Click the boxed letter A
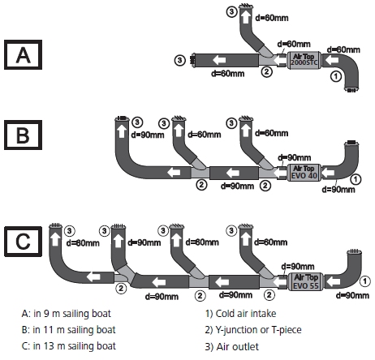pyautogui.click(x=23, y=55)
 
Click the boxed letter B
pyautogui.click(x=23, y=135)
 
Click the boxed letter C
pyautogui.click(x=23, y=242)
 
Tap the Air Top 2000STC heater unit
pyautogui.click(x=304, y=60)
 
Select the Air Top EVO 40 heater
pyautogui.click(x=304, y=172)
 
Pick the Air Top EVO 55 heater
pyautogui.click(x=306, y=281)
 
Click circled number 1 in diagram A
pyautogui.click(x=336, y=76)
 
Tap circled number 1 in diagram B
pyautogui.click(x=356, y=179)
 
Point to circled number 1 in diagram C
pyautogui.click(x=364, y=281)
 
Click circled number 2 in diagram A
pyautogui.click(x=266, y=71)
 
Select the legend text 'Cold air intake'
pyautogui.click(x=246, y=314)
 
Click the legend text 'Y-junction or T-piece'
pyautogui.click(x=258, y=330)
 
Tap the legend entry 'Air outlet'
pyautogui.click(x=237, y=346)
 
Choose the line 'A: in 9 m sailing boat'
pyautogui.click(x=67, y=314)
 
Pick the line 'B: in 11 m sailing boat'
pyautogui.click(x=68, y=330)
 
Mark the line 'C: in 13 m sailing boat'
pyautogui.click(x=69, y=346)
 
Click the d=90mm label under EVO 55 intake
pyautogui.click(x=352, y=295)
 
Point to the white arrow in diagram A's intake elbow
pyautogui.click(x=332, y=60)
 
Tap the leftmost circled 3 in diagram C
pyautogui.click(x=70, y=231)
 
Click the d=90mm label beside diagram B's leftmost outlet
pyautogui.click(x=148, y=135)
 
